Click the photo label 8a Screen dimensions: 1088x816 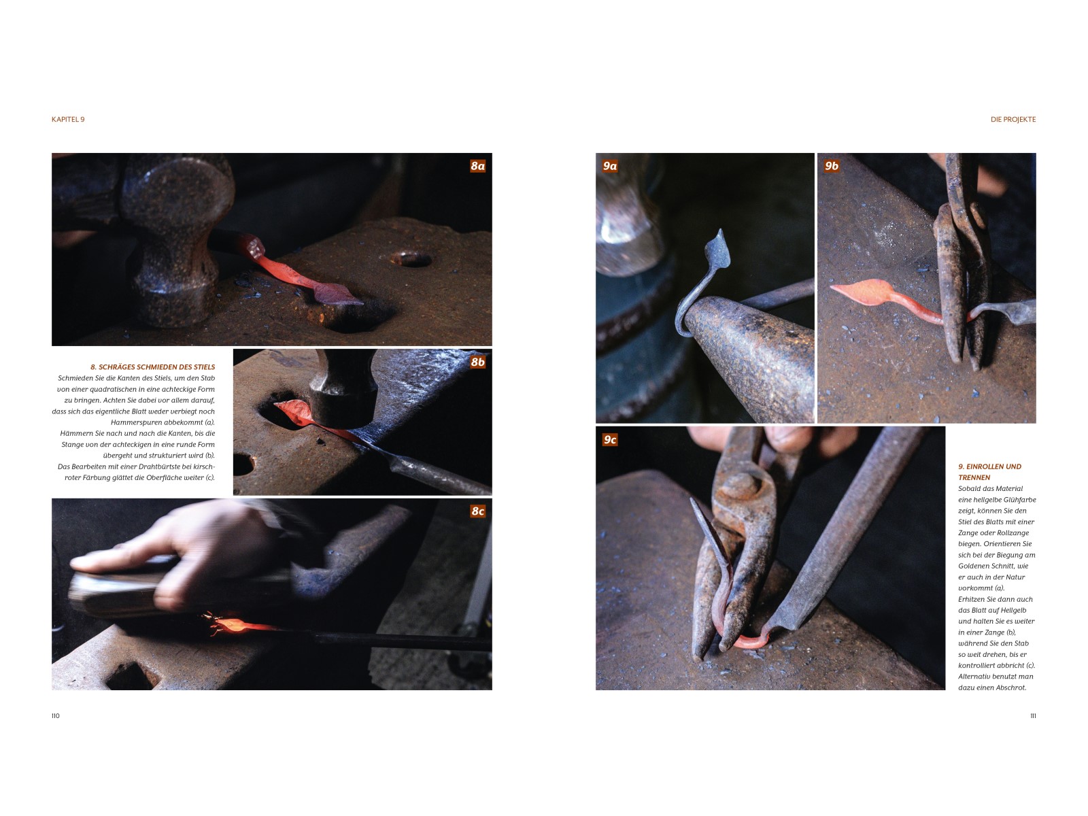pos(477,166)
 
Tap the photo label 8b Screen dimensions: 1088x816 pos(477,362)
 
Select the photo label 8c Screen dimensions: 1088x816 pos(477,511)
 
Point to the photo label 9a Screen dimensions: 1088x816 pos(610,166)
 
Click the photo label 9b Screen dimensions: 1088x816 pos(831,166)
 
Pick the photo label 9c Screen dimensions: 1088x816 pos(610,440)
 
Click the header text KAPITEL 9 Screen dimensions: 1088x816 pos(68,120)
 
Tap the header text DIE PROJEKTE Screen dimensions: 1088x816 pos(1013,120)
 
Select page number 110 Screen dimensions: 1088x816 pos(56,715)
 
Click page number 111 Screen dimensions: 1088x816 pos(1032,715)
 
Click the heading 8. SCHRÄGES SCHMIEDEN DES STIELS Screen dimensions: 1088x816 pos(153,367)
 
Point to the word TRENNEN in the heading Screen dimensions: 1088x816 pos(974,477)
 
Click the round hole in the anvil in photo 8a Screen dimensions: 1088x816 pos(411,258)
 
